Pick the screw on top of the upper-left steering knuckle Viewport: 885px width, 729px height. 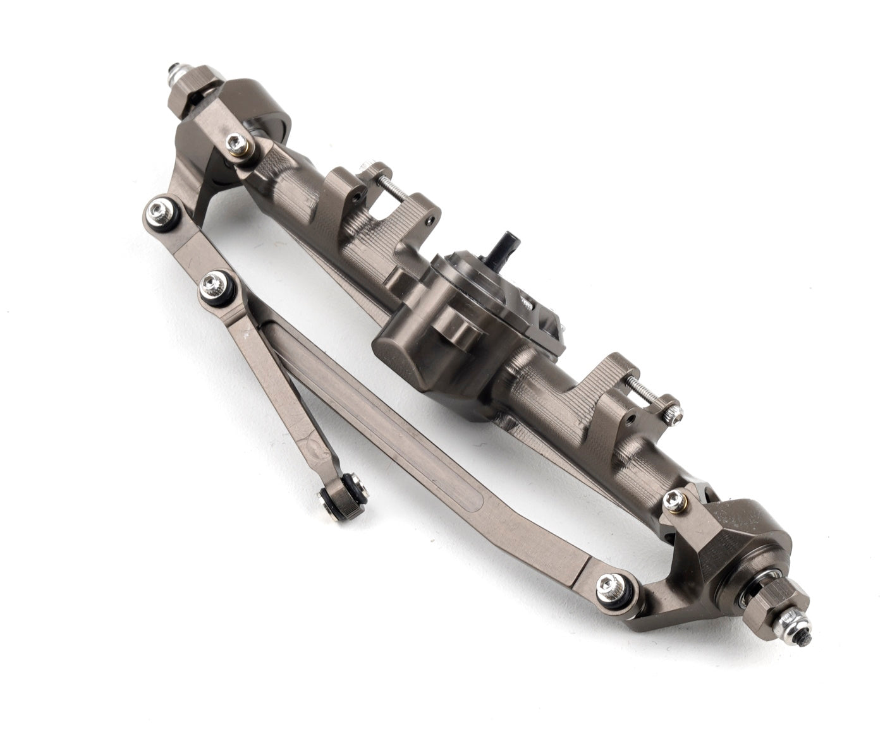(238, 143)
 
